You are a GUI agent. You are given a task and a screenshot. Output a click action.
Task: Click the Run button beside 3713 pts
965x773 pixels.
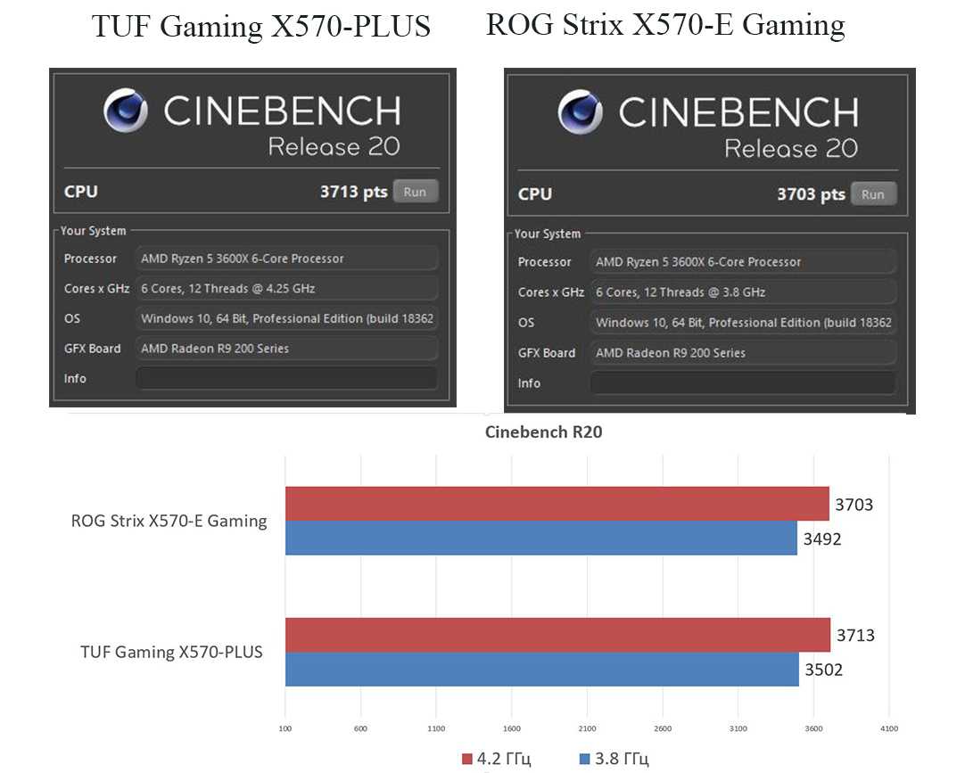415,192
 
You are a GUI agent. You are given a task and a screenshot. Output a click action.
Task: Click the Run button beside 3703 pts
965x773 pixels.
872,194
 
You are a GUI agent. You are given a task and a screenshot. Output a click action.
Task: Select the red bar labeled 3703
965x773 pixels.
557,504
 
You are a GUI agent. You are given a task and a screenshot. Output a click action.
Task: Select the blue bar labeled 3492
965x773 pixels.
540,538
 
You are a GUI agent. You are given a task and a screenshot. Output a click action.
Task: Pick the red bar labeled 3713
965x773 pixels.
557,635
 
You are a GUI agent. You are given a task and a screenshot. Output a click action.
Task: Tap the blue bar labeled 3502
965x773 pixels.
541,669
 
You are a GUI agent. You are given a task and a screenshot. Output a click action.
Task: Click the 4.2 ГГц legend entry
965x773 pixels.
496,759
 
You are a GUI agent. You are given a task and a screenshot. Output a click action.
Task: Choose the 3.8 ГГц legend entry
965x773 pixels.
614,759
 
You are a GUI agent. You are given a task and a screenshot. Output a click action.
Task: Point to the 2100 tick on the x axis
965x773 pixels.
586,728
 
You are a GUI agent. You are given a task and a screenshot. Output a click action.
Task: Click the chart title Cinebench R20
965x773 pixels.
543,432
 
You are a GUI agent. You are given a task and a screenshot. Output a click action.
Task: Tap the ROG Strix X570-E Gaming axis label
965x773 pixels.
169,521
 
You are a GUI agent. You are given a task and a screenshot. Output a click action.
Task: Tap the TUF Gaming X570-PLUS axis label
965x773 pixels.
171,652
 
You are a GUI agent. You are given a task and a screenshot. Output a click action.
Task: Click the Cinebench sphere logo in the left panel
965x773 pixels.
126,111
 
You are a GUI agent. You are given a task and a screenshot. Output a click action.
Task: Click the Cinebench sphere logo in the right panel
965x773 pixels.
581,112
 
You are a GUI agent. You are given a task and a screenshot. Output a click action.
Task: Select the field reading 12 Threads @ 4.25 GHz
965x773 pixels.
286,289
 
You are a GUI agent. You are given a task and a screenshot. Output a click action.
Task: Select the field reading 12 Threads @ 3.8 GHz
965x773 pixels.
742,292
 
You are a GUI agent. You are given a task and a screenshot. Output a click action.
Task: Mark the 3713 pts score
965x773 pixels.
353,192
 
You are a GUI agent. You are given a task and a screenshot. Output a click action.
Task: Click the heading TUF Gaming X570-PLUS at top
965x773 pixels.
261,28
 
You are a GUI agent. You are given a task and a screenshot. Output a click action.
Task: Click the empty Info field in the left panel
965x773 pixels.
286,378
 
